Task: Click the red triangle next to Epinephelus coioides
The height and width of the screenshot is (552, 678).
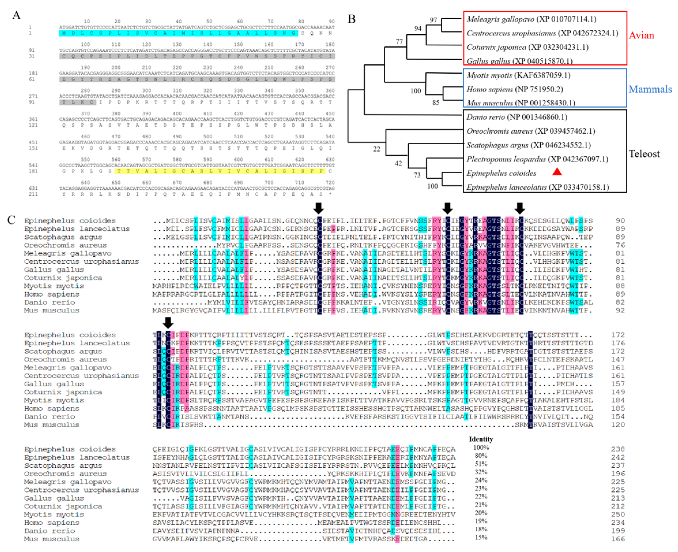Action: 557,172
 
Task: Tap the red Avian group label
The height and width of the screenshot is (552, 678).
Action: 641,35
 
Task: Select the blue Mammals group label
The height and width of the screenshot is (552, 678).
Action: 650,89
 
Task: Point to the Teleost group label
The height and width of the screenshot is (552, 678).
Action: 644,154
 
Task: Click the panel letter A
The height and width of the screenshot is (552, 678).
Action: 16,15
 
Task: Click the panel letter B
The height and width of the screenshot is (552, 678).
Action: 351,19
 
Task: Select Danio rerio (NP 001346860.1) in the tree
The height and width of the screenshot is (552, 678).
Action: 517,117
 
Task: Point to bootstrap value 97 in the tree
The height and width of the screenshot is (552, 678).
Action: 433,20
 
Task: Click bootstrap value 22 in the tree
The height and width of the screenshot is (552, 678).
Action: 376,149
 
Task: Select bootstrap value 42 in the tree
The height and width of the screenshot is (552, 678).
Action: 398,163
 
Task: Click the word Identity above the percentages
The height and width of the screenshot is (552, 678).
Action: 481,439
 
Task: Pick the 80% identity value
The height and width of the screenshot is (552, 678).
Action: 481,456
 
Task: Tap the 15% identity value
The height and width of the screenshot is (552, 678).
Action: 481,537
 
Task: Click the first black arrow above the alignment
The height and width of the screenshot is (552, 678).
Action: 319,208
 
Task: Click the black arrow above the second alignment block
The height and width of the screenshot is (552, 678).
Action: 168,322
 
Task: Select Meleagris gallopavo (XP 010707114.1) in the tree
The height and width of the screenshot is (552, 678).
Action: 531,19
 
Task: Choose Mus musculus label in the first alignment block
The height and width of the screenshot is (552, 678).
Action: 52,310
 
